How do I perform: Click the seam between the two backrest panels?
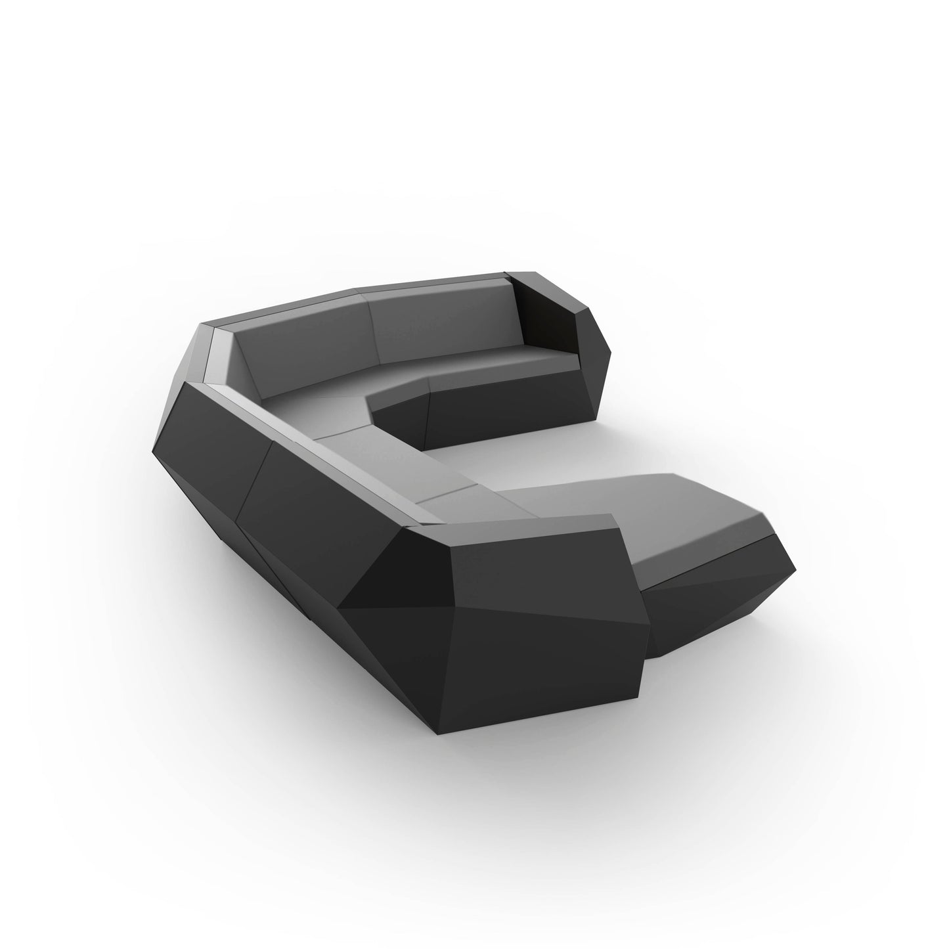[x=373, y=324]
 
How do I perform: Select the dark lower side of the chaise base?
[x=709, y=604]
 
